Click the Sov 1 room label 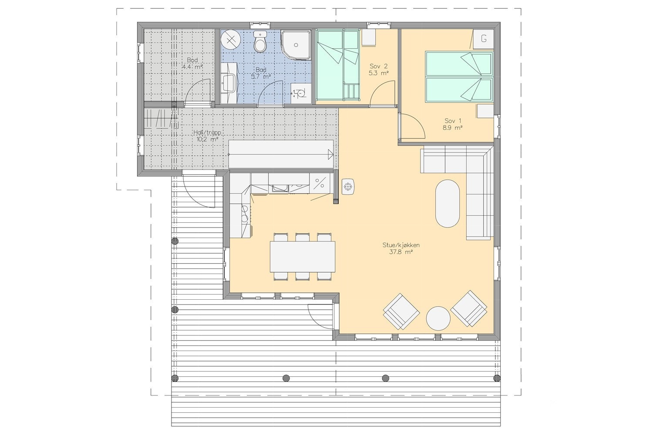pyautogui.click(x=453, y=120)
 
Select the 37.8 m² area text pyautogui.click(x=399, y=252)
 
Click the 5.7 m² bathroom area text pyautogui.click(x=261, y=76)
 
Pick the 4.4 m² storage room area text pyautogui.click(x=192, y=67)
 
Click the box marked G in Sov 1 pyautogui.click(x=483, y=38)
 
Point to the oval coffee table pyautogui.click(x=447, y=203)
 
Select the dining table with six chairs pyautogui.click(x=303, y=257)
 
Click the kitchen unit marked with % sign pyautogui.click(x=320, y=183)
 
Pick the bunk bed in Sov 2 pyautogui.click(x=337, y=65)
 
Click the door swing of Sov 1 pyautogui.click(x=411, y=126)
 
